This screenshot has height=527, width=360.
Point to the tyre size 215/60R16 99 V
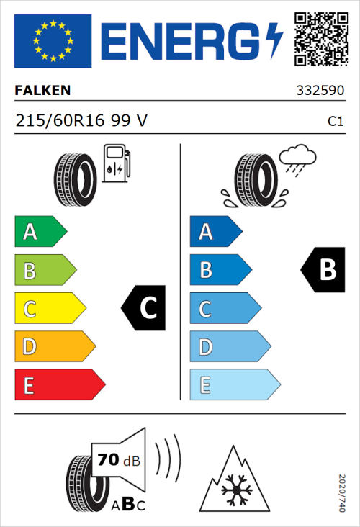click(x=81, y=121)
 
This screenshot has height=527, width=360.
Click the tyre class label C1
click(x=335, y=122)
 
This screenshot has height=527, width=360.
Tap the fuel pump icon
click(x=116, y=163)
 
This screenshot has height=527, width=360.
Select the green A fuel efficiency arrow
click(x=40, y=232)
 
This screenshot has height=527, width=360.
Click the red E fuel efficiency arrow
click(x=59, y=386)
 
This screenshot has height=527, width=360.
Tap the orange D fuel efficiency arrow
click(x=54, y=348)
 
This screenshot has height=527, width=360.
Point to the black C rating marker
click(x=145, y=308)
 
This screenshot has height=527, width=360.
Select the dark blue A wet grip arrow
click(x=215, y=232)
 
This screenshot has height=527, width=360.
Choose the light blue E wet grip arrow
click(x=234, y=386)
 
